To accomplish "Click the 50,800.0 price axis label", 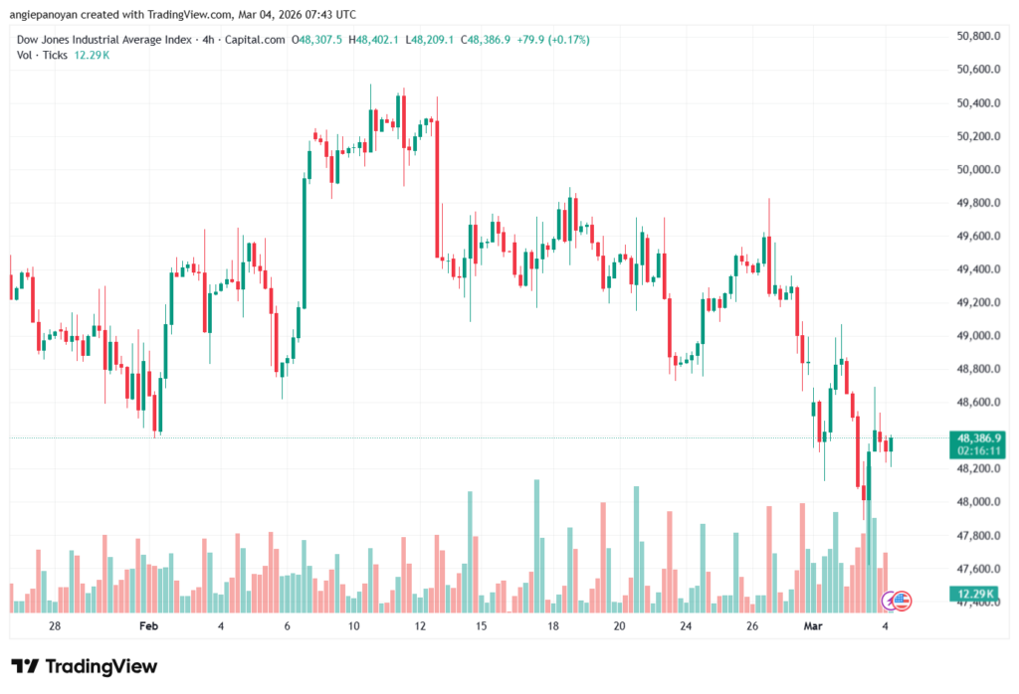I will pos(975,36).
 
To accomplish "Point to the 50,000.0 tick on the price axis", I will pos(975,169).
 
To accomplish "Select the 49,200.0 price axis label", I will pos(975,302).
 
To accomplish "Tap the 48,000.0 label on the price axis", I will pos(975,502).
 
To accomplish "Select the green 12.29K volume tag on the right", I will pos(975,594).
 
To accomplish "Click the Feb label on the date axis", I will pos(148,626).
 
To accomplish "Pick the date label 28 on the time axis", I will pos(55,626).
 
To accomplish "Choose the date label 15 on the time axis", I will pos(481,626).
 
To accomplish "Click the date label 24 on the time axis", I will pos(686,626).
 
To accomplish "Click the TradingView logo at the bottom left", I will pos(85,666).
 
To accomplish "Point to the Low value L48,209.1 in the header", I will pos(431,40).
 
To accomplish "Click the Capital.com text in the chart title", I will pos(253,40).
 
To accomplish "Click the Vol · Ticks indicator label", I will pos(42,56).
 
